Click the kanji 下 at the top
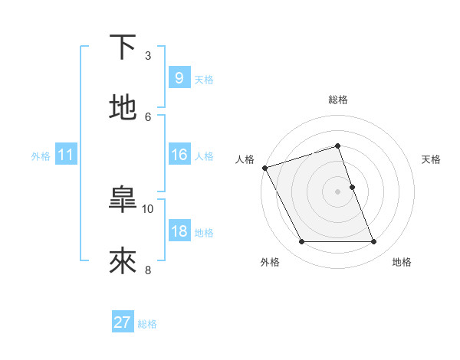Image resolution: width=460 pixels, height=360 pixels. (x=123, y=47)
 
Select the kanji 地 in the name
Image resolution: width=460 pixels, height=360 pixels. (x=123, y=108)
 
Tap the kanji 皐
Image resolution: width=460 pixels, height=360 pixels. (x=123, y=200)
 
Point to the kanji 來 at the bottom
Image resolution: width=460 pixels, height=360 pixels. (x=123, y=261)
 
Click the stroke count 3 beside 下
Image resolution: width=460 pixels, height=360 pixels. (x=148, y=55)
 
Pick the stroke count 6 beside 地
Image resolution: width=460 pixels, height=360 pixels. (x=148, y=116)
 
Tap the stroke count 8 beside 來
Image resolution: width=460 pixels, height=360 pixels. (x=148, y=270)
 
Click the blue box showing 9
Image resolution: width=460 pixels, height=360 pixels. (x=179, y=78)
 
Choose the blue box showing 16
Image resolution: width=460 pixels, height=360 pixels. (x=179, y=155)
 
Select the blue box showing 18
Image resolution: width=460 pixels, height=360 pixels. (x=179, y=231)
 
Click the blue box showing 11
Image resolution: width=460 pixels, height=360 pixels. (x=65, y=155)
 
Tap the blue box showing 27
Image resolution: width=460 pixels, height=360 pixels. (x=122, y=323)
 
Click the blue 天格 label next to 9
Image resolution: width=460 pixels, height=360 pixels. (x=204, y=80)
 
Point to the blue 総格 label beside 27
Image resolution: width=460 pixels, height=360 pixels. (x=147, y=325)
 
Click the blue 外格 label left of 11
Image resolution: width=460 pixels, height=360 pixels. (x=41, y=156)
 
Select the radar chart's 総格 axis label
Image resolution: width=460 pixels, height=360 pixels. (x=338, y=100)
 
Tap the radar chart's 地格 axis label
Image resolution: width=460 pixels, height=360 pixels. (x=402, y=263)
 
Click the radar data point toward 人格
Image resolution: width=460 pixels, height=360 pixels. (x=264, y=168)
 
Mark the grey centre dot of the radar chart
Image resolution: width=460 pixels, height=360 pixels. (x=338, y=191)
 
